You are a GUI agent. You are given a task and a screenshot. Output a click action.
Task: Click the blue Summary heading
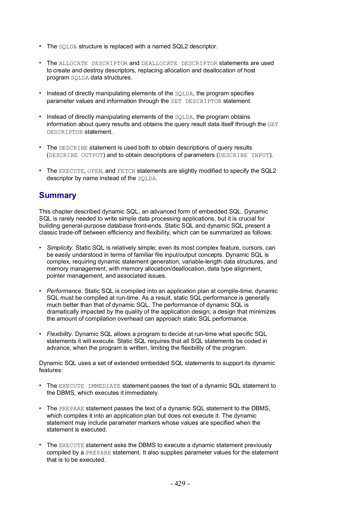point(57,195)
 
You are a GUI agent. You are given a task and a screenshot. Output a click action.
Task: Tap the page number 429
point(180,484)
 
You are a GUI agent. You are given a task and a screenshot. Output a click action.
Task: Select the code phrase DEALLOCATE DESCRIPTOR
point(179,63)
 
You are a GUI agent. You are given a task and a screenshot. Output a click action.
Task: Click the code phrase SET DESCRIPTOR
point(196,101)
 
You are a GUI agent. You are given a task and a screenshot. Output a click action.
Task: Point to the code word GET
point(273,124)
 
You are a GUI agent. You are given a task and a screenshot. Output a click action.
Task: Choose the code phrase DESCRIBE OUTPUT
point(76,155)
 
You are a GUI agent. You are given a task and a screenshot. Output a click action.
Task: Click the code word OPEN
point(95,171)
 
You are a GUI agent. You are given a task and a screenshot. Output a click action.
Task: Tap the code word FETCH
point(126,171)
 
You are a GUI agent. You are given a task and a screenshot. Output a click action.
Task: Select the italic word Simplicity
point(60,248)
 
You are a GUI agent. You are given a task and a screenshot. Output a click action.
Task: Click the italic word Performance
point(65,291)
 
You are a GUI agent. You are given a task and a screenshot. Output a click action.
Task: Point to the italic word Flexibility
point(60,334)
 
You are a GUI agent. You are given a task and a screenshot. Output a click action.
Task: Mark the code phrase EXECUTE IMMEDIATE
point(89,386)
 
